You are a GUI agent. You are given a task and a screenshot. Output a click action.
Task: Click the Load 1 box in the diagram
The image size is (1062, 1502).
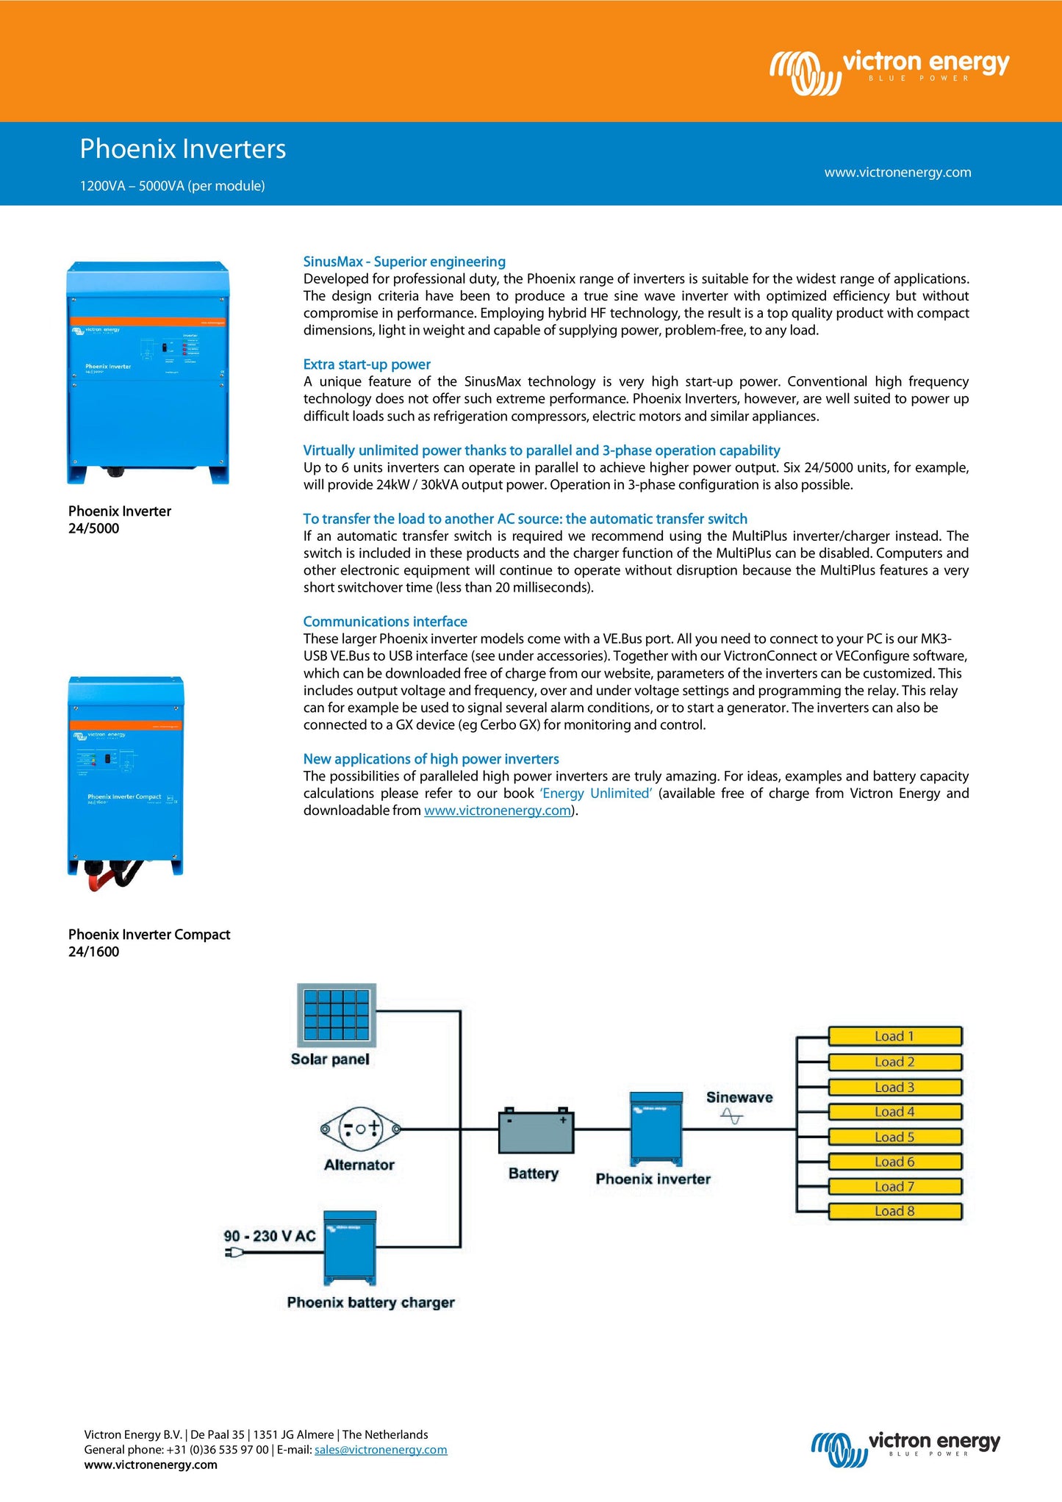pyautogui.click(x=894, y=1036)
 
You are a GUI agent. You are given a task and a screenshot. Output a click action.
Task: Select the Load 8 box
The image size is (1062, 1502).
pyautogui.click(x=894, y=1211)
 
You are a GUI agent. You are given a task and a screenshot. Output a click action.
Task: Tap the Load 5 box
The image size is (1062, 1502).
pyautogui.click(x=894, y=1137)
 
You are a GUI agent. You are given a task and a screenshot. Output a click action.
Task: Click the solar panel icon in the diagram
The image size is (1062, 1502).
pyautogui.click(x=337, y=1015)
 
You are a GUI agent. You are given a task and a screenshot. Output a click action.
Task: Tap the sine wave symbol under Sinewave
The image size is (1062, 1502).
pyautogui.click(x=732, y=1117)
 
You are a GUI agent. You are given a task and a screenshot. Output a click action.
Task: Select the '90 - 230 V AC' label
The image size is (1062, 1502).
pyautogui.click(x=269, y=1236)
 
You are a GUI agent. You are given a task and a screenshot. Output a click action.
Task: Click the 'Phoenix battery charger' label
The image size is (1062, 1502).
pyautogui.click(x=370, y=1302)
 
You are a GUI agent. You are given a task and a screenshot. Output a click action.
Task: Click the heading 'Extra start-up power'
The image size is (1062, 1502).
pyautogui.click(x=367, y=364)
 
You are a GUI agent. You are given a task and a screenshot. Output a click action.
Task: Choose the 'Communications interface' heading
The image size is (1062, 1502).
pyautogui.click(x=385, y=622)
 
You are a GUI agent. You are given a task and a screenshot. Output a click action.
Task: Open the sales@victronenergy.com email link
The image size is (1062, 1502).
pyautogui.click(x=381, y=1450)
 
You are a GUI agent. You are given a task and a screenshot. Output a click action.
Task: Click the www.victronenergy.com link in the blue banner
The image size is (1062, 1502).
pyautogui.click(x=897, y=173)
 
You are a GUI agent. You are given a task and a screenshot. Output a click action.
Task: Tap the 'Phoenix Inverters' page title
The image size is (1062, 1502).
pyautogui.click(x=183, y=149)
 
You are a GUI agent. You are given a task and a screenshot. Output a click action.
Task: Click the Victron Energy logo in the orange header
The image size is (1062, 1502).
pyautogui.click(x=889, y=72)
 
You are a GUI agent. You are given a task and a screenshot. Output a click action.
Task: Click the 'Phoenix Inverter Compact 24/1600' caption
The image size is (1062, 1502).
pyautogui.click(x=149, y=943)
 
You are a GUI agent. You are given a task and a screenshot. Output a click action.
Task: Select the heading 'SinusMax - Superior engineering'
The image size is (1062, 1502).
pyautogui.click(x=404, y=262)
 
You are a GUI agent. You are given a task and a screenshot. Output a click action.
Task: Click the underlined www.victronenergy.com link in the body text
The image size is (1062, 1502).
pyautogui.click(x=498, y=811)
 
